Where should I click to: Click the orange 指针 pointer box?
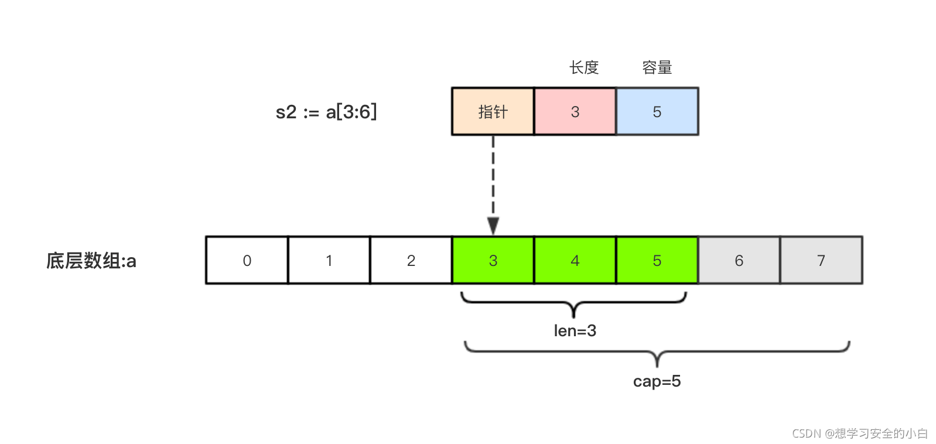[x=493, y=111]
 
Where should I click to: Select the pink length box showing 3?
[x=575, y=111]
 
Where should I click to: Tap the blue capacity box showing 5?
[x=657, y=111]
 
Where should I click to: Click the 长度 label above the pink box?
[x=584, y=68]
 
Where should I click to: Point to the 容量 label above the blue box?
[x=657, y=68]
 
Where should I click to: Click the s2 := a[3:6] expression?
[x=326, y=111]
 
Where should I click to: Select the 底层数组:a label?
[x=91, y=261]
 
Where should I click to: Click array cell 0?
[x=247, y=260]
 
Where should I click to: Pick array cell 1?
[x=329, y=260]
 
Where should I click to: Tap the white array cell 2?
[x=411, y=260]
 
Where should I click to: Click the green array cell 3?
[x=493, y=260]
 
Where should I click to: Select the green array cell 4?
[x=575, y=260]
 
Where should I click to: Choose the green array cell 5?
[x=657, y=260]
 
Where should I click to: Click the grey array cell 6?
[x=739, y=260]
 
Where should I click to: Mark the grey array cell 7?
[x=821, y=260]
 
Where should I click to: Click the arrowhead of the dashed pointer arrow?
[x=493, y=226]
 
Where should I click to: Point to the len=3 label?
[x=575, y=331]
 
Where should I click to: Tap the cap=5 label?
[x=657, y=381]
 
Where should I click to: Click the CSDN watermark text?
[x=860, y=433]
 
